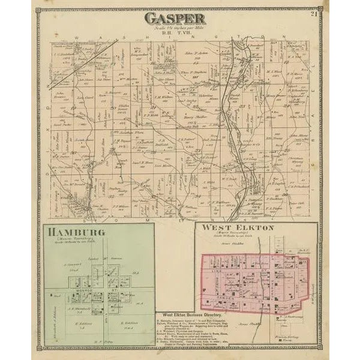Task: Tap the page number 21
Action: pos(314,15)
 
